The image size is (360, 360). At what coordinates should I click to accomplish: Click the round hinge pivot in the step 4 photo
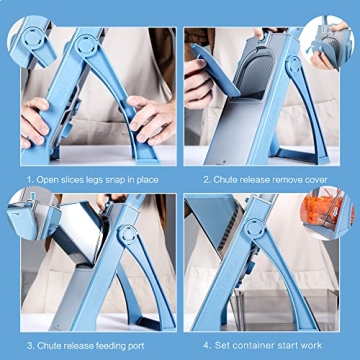(x=296, y=240)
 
